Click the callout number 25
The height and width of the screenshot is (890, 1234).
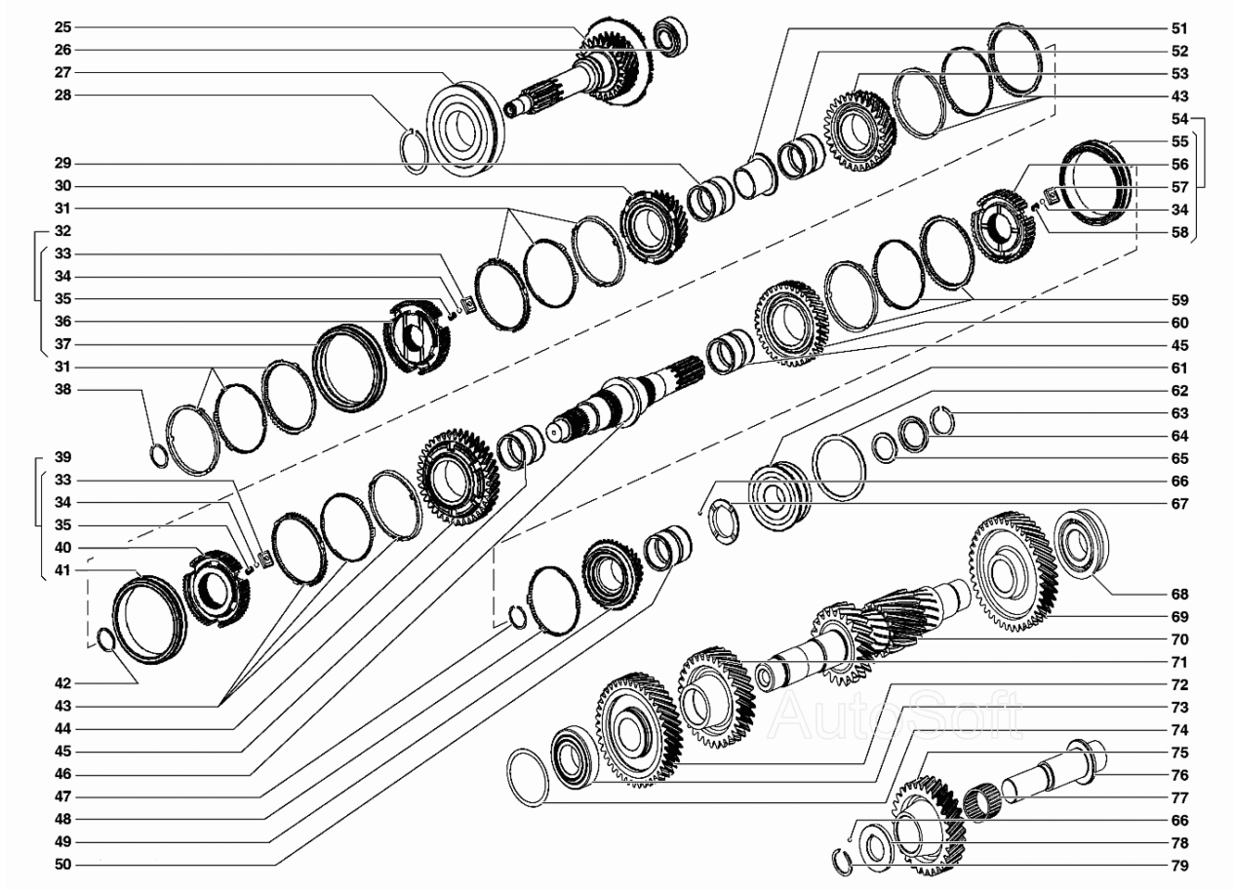63,27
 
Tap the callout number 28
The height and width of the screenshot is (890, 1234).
63,96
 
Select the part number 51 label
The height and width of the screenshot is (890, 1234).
1179,28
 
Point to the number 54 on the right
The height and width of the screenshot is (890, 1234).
1179,119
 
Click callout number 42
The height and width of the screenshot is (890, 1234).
63,683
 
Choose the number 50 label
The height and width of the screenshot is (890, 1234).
63,865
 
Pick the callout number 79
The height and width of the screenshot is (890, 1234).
1179,866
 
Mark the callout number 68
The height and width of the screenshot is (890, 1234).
1179,595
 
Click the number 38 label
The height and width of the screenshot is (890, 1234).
63,390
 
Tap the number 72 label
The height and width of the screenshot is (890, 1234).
1179,684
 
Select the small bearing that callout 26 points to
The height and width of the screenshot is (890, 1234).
670,37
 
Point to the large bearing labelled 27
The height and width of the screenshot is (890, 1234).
466,130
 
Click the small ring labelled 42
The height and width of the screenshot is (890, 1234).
105,639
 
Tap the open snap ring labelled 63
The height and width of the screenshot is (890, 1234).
942,420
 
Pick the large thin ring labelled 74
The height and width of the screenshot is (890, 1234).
529,778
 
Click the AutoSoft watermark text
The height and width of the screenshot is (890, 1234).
896,715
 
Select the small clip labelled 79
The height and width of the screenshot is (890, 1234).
842,863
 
